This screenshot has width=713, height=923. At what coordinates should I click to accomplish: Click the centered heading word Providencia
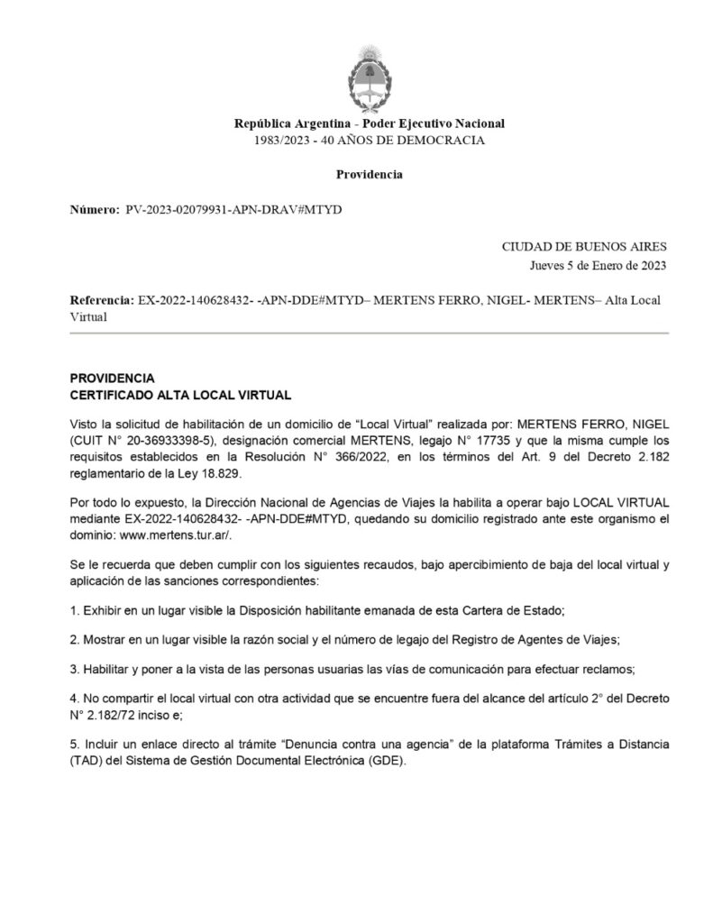click(370, 174)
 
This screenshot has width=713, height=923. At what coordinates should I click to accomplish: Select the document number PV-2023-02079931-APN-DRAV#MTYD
click(233, 209)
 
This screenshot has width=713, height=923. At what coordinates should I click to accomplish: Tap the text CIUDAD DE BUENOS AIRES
click(584, 246)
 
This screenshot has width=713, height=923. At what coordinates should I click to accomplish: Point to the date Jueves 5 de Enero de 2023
click(598, 265)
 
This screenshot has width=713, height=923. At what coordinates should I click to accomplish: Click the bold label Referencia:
click(101, 299)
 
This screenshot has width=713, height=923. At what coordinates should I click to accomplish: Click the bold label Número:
click(94, 209)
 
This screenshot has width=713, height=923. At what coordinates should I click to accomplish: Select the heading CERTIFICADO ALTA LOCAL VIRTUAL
click(180, 394)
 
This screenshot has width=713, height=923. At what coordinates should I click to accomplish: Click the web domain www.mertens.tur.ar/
click(163, 535)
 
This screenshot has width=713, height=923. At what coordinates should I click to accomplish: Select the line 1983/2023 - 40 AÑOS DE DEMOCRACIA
click(370, 141)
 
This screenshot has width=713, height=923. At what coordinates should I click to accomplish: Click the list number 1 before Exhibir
click(73, 609)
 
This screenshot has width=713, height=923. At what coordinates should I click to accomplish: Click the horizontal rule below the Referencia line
click(369, 334)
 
